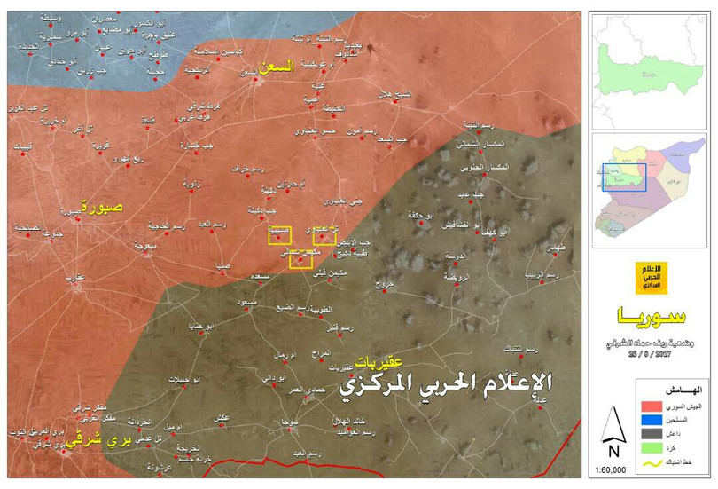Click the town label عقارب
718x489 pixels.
(74, 277)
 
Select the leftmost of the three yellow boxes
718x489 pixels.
(280, 235)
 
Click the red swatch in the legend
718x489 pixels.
(650, 403)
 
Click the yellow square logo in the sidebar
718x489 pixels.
(652, 280)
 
